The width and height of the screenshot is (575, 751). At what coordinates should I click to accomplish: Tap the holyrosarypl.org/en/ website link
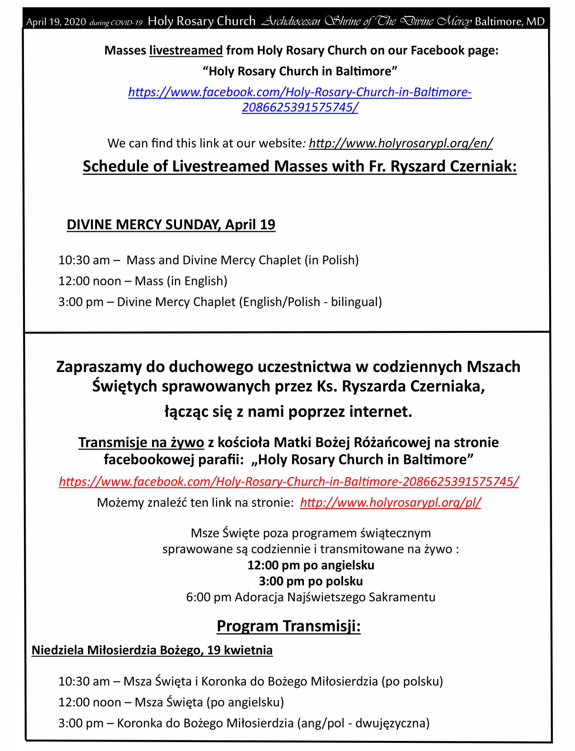click(x=400, y=143)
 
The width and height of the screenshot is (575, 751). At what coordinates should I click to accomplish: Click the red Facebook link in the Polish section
click(x=289, y=481)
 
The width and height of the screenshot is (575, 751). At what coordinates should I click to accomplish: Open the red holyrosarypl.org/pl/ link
click(x=390, y=502)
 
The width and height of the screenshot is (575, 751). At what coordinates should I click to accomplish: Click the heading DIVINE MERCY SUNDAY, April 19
click(x=171, y=225)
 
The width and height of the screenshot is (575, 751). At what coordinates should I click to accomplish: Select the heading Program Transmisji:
click(x=288, y=626)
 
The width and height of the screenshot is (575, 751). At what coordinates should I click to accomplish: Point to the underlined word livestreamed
click(x=186, y=50)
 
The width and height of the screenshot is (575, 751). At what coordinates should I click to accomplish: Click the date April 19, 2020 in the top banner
click(x=56, y=22)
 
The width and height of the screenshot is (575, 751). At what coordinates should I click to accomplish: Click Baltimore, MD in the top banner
click(x=509, y=22)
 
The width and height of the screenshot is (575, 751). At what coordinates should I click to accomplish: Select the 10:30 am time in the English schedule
click(x=84, y=260)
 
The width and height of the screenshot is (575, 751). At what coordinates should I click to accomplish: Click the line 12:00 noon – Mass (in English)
click(x=143, y=281)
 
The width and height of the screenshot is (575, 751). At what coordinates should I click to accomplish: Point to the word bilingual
click(x=354, y=302)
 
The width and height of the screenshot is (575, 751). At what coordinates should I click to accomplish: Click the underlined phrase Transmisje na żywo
click(x=141, y=442)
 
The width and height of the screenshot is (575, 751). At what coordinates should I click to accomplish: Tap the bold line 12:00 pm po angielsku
click(x=311, y=565)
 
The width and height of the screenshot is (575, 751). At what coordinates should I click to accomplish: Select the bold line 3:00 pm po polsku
click(x=311, y=581)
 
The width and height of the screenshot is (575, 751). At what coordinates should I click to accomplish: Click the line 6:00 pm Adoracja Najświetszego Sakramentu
click(x=311, y=597)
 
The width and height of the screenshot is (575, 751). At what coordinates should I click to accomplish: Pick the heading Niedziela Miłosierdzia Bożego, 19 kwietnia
click(x=152, y=650)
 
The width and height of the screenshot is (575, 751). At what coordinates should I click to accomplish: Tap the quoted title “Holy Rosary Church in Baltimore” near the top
click(x=300, y=71)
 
